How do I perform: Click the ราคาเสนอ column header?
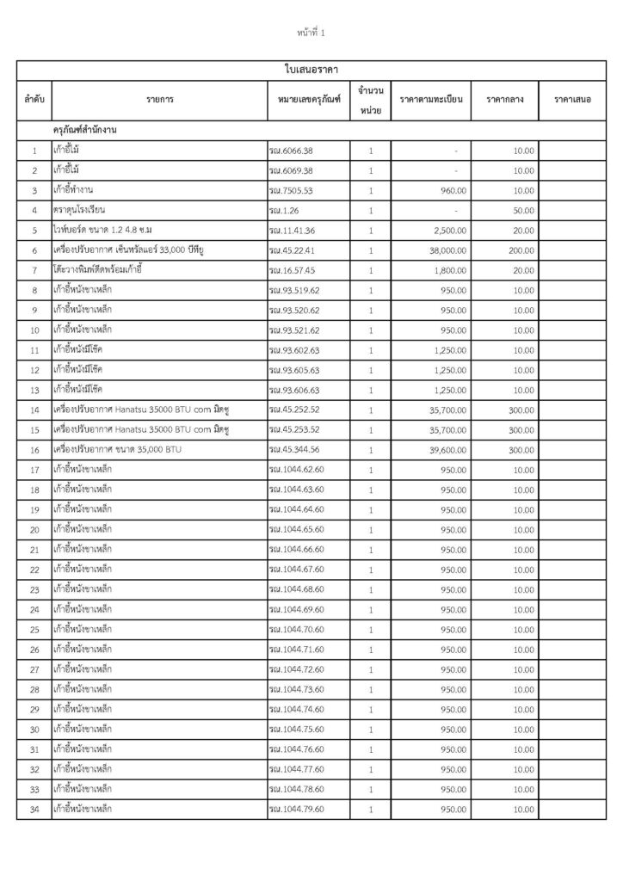[572, 100]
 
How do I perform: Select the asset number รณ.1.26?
[283, 210]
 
